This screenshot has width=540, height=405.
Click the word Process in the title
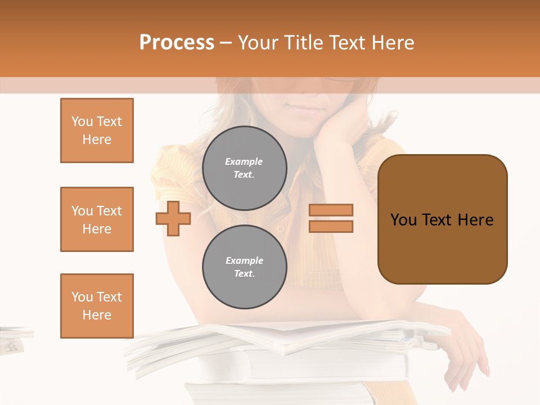tap(177, 43)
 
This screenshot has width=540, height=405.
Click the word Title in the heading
tap(301, 43)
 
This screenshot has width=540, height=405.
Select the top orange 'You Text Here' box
tap(97, 130)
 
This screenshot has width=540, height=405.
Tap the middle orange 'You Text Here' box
tap(97, 219)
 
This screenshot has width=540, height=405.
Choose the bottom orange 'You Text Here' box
tap(97, 305)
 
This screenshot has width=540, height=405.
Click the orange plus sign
tap(173, 218)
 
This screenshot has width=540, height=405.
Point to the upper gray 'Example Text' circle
tap(244, 168)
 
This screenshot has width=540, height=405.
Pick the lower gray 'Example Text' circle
tap(244, 267)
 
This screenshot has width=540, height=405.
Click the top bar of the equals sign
tap(331, 210)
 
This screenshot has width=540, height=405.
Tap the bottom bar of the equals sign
tap(331, 226)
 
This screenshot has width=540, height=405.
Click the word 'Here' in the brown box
tap(475, 220)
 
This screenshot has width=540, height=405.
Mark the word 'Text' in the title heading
tap(350, 43)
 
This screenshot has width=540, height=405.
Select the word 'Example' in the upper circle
tap(244, 161)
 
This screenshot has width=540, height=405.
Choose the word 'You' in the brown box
tap(403, 220)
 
